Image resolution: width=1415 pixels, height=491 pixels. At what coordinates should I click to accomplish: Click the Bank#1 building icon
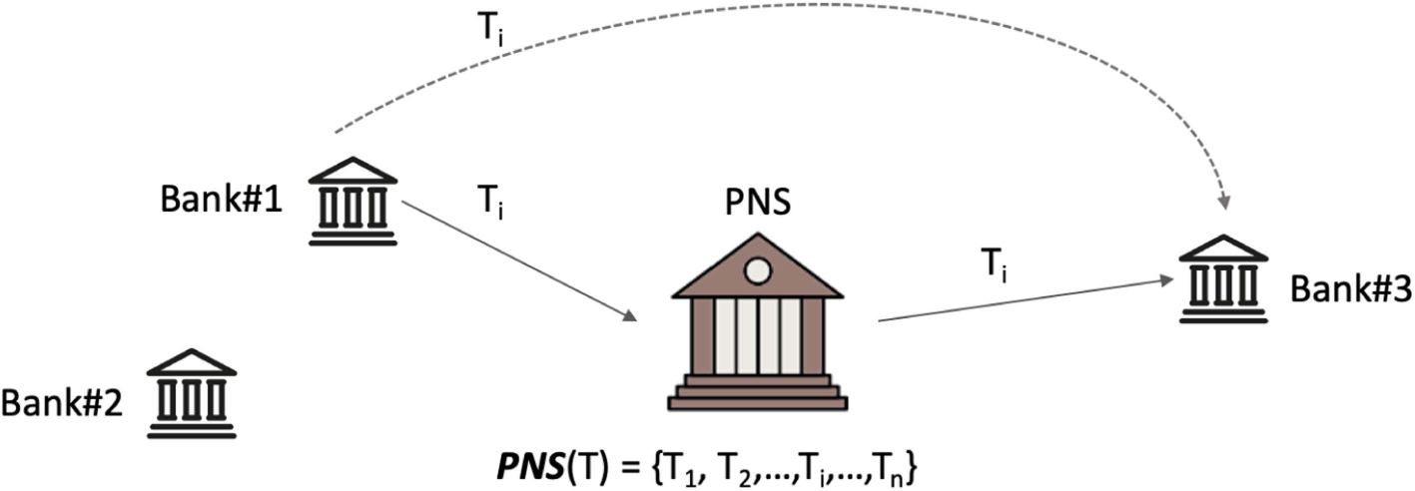(353, 201)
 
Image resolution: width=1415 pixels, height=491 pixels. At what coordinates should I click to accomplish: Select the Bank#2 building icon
(192, 394)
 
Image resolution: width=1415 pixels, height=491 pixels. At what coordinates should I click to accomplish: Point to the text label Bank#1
(223, 200)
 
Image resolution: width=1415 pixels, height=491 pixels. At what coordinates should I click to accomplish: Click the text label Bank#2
(62, 405)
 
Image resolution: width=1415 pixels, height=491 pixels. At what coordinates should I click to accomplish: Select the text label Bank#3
(1349, 289)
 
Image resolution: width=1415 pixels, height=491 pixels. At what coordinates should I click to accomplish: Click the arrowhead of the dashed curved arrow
(1224, 205)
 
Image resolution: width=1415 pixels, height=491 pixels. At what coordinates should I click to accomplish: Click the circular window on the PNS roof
(757, 268)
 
